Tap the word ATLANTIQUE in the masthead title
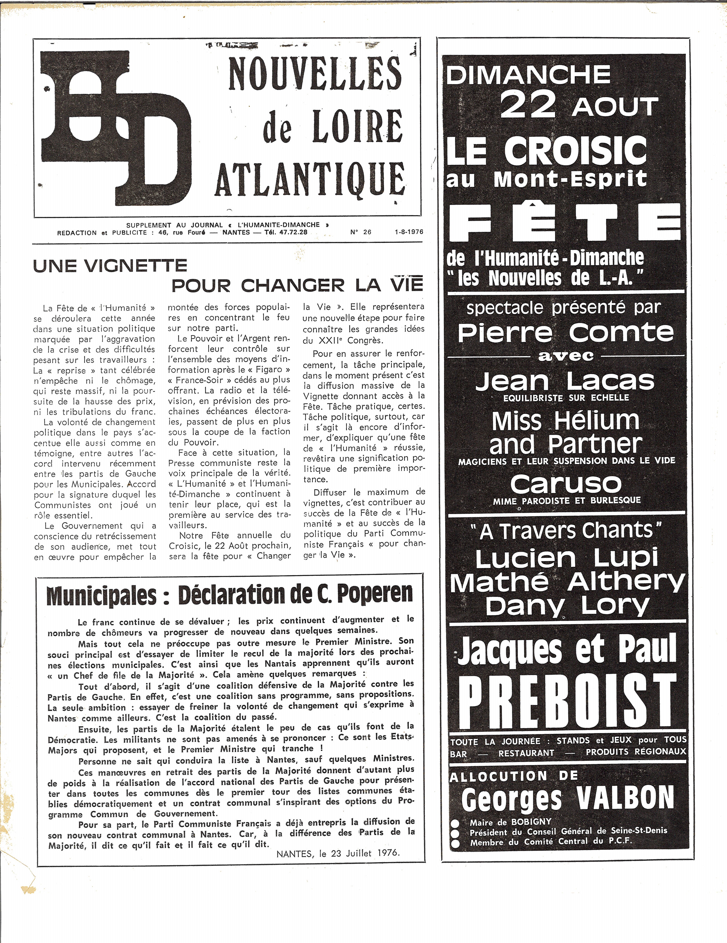[309, 178]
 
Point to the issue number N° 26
[361, 232]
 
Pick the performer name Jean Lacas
[566, 381]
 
